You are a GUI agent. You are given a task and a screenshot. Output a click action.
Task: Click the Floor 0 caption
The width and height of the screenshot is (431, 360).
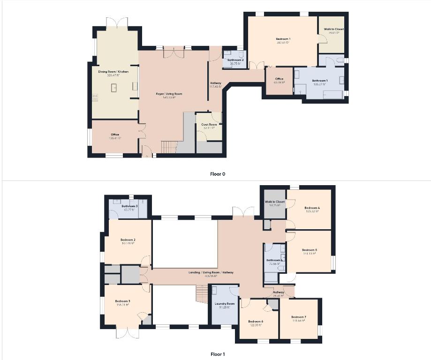(218, 174)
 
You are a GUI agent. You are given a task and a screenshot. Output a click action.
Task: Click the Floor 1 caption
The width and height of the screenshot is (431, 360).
(218, 354)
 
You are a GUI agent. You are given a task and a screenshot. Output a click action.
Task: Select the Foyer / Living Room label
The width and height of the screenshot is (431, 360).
(169, 94)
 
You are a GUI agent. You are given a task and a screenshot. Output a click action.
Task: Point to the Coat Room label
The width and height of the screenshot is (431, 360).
(209, 125)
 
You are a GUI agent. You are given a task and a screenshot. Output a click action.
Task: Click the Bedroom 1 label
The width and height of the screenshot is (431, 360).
(283, 38)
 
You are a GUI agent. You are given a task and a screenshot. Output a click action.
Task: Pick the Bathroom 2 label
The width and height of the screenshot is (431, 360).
(235, 60)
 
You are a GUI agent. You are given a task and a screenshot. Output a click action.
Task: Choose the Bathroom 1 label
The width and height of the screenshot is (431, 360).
(320, 81)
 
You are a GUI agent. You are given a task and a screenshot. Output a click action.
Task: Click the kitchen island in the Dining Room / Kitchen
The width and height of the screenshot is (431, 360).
(114, 88)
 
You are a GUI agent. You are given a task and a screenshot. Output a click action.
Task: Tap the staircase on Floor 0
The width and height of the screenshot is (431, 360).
(168, 147)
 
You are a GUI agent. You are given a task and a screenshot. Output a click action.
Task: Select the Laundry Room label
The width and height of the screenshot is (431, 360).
(225, 304)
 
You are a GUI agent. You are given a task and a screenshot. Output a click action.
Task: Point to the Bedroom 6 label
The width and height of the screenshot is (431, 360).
(256, 321)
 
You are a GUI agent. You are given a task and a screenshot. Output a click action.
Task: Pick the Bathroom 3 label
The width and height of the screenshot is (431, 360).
(129, 206)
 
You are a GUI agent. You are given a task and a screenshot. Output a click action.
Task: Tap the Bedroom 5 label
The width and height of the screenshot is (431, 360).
(310, 250)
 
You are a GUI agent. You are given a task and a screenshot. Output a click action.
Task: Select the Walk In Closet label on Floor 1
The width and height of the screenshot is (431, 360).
(275, 202)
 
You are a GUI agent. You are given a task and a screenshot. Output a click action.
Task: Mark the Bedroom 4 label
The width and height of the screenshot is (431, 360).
(312, 208)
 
